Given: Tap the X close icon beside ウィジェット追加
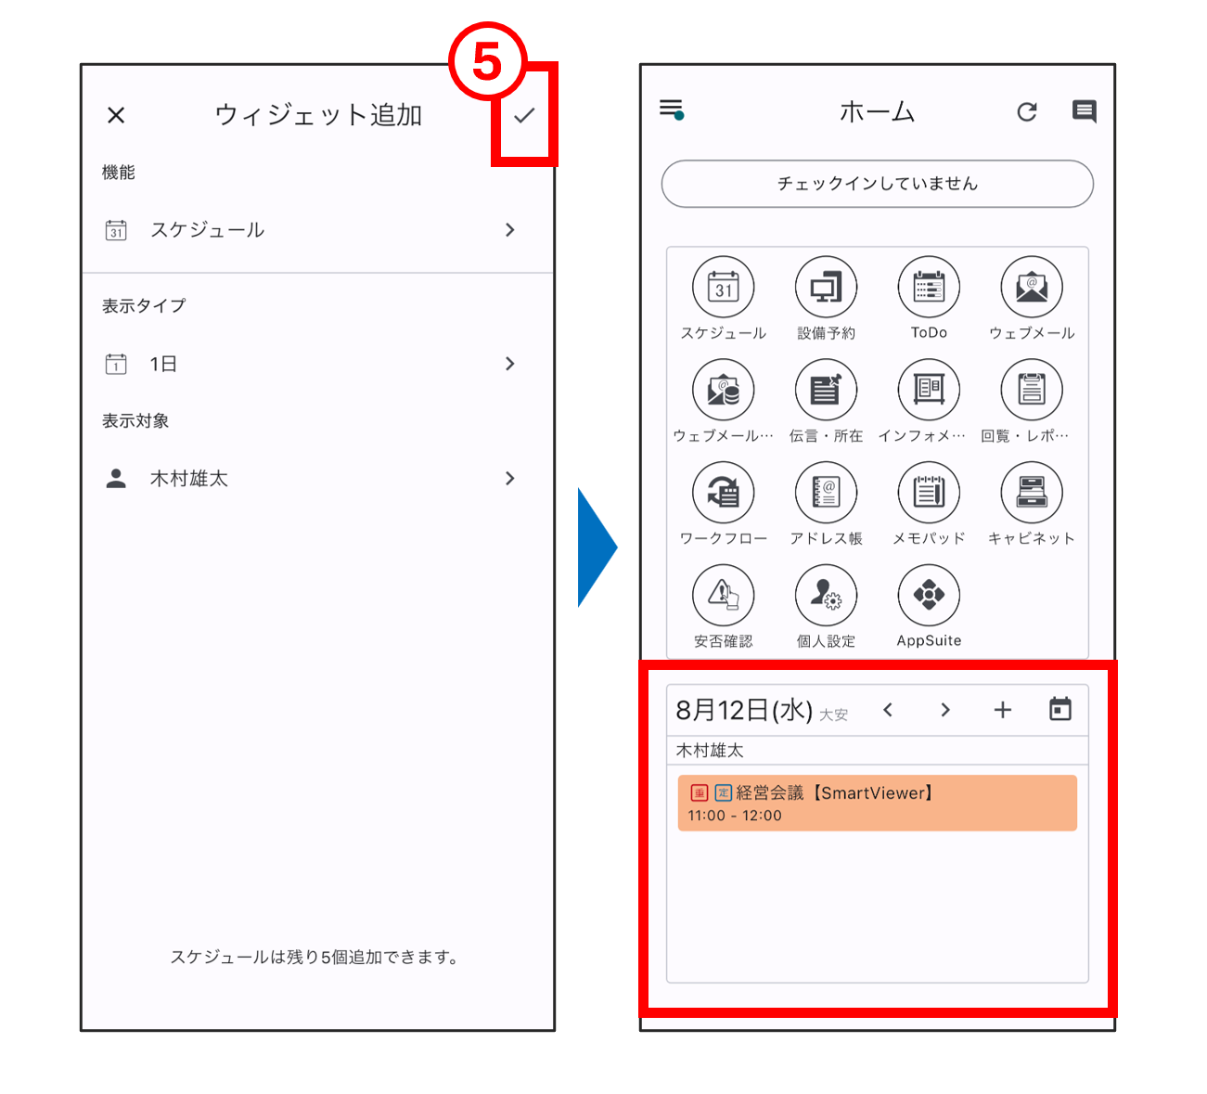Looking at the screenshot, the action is coord(116,115).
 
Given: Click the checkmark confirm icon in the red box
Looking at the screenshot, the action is coord(524,116).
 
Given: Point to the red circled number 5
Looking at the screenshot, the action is coord(487,61).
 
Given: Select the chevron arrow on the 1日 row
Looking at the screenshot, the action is coord(510,364).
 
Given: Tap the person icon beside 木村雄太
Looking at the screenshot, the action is coord(116,479).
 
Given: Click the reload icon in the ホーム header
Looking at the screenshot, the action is coord(1027,111).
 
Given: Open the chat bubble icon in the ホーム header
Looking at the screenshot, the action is coord(1085,111).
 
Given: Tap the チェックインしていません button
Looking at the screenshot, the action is coord(878,184).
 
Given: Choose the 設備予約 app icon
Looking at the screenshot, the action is coord(826,288).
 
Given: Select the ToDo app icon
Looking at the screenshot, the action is coord(929,288).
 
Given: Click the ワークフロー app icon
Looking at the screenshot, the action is coord(724,493).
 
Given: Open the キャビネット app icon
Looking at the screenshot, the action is coord(1032,493).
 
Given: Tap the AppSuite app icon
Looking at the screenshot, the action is coord(929,596).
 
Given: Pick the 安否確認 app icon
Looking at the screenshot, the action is coord(724,596).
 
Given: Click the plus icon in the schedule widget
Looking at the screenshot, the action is coord(1002,710).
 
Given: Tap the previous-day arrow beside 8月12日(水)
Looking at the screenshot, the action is coord(888,710).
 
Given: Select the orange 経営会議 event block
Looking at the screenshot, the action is coord(878,804).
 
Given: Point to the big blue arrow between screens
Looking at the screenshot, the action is coord(597,547).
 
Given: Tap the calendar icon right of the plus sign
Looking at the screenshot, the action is coord(1060,709).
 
